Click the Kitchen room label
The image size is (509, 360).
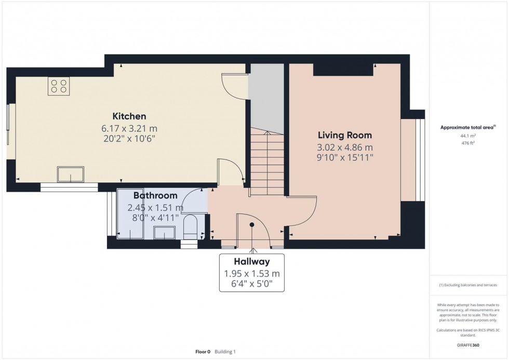coord(129,116)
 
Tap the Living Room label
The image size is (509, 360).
coord(345,136)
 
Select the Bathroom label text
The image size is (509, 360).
coord(155,195)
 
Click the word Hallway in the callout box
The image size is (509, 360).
coord(252,261)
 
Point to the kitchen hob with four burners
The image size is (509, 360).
coord(59,86)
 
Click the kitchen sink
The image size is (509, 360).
coord(71,175)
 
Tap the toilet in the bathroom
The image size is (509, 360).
coord(190,226)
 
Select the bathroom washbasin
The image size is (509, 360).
coord(164,232)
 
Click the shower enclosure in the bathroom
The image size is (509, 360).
coord(130,214)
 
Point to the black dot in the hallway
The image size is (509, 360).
coord(252,224)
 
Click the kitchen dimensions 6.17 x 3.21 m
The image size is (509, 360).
coord(129,128)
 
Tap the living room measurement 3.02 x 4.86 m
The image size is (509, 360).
coord(345,148)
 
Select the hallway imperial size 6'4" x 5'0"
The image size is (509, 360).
coord(252,284)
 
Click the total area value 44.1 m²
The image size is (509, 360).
coord(468,136)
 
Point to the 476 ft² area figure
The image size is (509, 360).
coord(468,143)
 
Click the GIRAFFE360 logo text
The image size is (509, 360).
coord(468,345)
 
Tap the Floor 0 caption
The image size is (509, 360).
coord(203,352)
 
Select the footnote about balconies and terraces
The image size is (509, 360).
coord(468,285)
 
